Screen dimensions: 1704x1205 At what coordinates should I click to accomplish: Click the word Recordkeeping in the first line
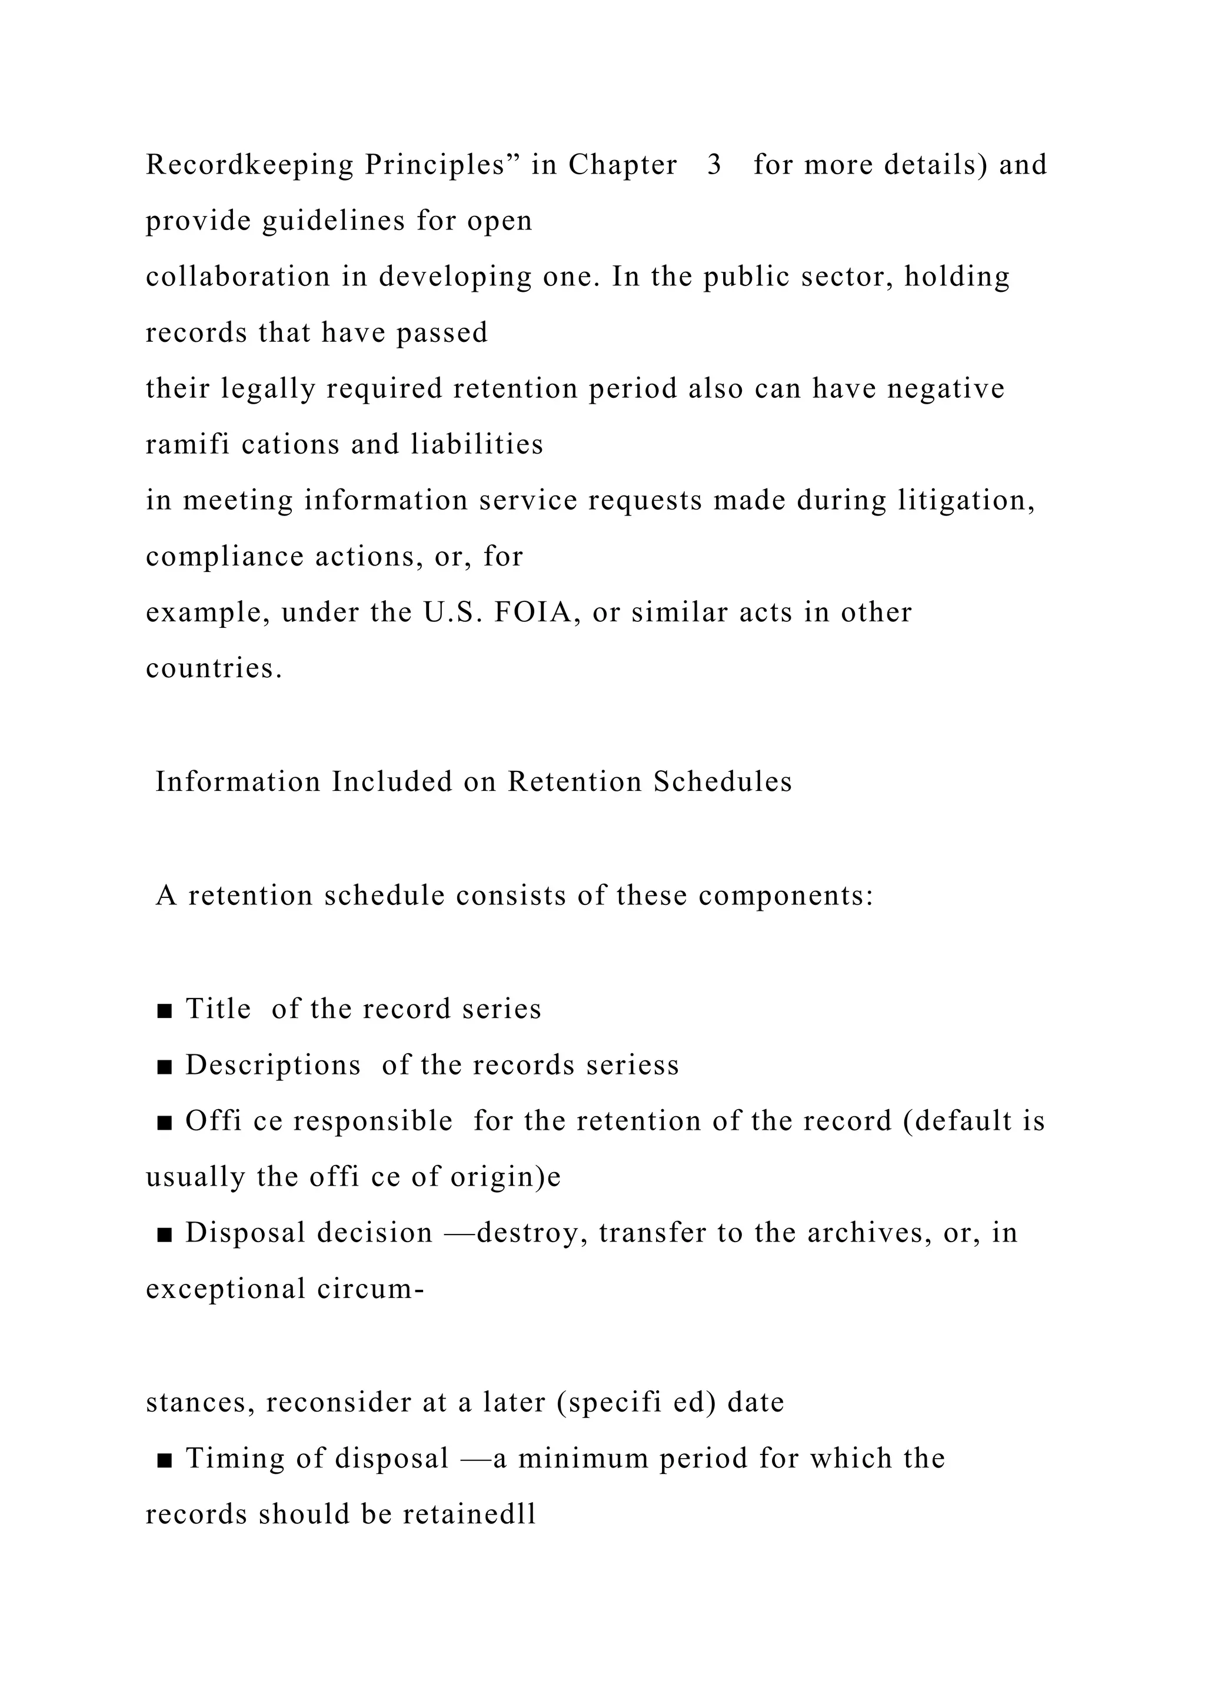(x=249, y=165)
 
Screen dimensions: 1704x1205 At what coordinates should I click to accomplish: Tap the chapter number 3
(x=714, y=165)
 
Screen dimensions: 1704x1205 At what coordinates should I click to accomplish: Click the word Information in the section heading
(x=238, y=781)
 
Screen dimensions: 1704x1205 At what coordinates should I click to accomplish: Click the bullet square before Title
(x=165, y=1010)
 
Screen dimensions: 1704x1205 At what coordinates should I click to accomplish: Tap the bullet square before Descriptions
(x=165, y=1067)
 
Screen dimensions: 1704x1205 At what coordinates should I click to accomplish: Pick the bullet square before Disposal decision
(x=165, y=1234)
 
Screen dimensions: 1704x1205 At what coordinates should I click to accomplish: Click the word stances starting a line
(x=199, y=1402)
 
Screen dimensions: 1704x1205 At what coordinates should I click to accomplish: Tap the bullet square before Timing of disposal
(x=165, y=1460)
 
